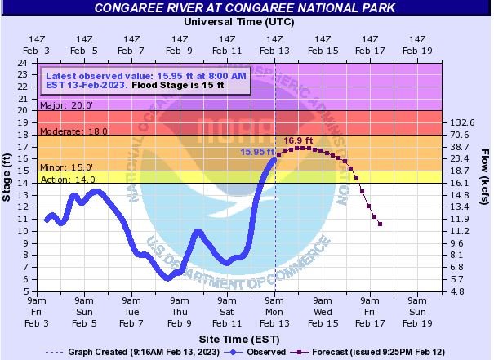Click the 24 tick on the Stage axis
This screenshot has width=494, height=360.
tap(25, 63)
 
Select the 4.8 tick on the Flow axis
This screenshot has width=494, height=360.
tap(457, 291)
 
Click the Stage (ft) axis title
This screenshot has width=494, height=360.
tap(8, 176)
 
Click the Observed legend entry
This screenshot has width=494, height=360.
tap(260, 352)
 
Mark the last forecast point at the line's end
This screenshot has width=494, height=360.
tap(381, 224)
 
